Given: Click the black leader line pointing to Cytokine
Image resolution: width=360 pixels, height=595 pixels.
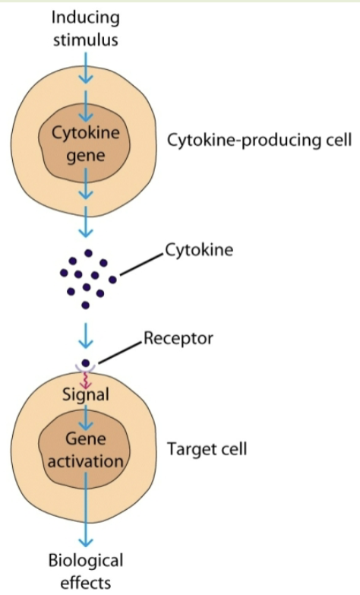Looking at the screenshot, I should (140, 264).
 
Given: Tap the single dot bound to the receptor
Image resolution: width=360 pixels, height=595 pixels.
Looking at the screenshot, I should (86, 362).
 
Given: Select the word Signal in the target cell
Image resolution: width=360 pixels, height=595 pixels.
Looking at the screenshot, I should (86, 394).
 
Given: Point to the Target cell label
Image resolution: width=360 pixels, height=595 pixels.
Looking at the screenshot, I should (207, 450).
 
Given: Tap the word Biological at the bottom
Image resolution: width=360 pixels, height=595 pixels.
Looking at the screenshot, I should (86, 562).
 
